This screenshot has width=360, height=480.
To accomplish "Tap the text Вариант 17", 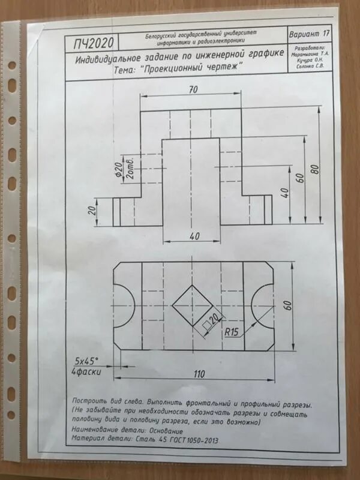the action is pos(309,32).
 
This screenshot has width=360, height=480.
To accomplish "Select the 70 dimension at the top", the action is pos(193,89).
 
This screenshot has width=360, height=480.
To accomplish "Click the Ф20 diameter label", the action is pos(119,169).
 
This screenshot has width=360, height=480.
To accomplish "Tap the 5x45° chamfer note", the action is pos(86,361).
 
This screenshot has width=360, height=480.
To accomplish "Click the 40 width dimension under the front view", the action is pos(193,236).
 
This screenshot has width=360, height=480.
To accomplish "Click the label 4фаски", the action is pos(85,371).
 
